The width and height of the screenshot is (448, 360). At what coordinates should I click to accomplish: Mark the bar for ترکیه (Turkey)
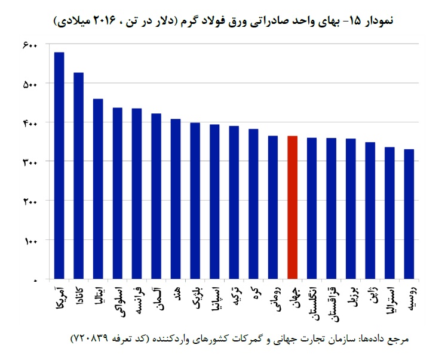point(234,202)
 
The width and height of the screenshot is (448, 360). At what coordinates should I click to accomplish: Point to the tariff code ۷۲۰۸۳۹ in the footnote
point(90,339)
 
